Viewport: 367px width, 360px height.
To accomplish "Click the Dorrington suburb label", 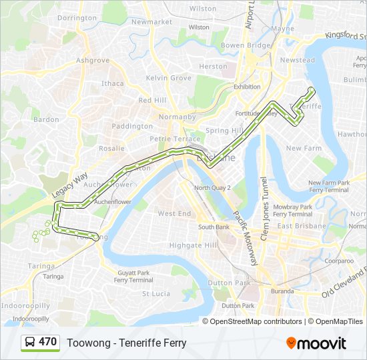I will [77, 18].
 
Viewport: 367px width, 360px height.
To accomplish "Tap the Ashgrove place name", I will [93, 60].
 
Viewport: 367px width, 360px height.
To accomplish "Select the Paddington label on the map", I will [132, 126].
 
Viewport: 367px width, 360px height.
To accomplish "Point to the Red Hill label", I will [152, 100].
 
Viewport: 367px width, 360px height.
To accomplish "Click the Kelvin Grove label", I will [169, 78].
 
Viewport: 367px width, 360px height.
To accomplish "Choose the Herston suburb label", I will [214, 67].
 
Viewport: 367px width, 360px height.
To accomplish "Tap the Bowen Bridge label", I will [246, 45].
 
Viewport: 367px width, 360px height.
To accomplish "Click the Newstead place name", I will [298, 60].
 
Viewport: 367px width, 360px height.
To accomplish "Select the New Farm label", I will [304, 148].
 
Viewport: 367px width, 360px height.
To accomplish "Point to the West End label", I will [174, 213].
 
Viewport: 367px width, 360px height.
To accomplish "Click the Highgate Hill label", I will [194, 245].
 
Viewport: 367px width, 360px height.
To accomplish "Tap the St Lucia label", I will [157, 293].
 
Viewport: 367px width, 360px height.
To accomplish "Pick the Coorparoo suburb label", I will [339, 261].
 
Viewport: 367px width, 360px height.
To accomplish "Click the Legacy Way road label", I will [69, 185].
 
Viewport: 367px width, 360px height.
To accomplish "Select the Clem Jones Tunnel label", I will [264, 208].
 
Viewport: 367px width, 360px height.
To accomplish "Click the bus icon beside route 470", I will [29, 343].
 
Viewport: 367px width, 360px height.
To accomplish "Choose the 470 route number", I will [47, 342].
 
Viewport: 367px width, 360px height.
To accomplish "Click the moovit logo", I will [316, 343].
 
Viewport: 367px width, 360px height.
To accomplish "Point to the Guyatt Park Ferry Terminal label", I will [133, 276].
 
